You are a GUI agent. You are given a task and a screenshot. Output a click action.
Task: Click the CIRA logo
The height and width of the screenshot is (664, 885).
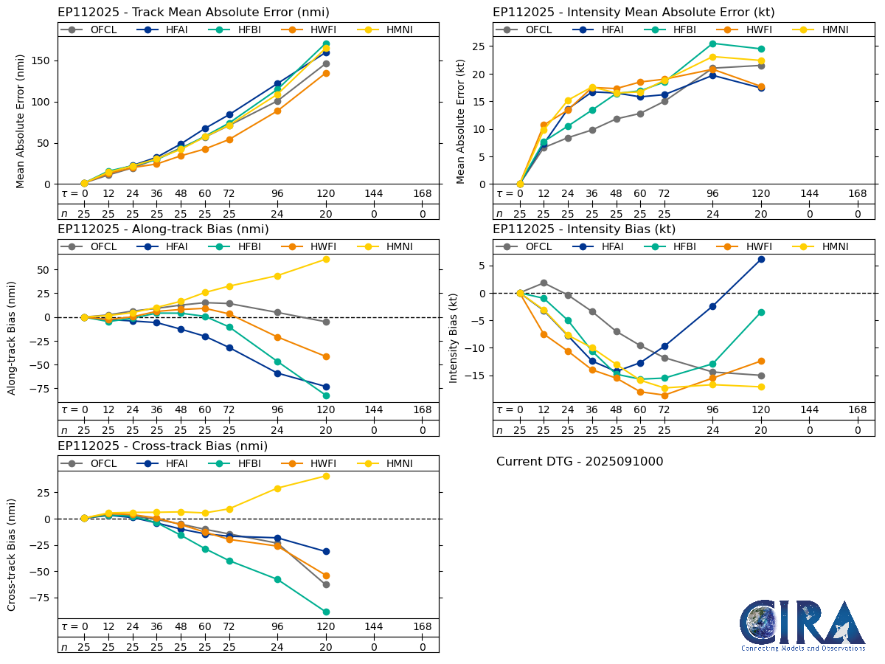click(x=802, y=625)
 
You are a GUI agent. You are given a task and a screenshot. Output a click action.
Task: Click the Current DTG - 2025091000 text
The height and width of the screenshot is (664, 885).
click(x=580, y=462)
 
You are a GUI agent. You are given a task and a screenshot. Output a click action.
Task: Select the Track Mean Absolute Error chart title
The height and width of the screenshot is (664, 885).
click(x=193, y=13)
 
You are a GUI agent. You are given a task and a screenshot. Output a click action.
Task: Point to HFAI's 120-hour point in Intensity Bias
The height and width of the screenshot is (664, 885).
click(x=761, y=259)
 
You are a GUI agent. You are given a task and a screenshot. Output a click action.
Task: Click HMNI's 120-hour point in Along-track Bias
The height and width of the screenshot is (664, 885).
click(x=326, y=259)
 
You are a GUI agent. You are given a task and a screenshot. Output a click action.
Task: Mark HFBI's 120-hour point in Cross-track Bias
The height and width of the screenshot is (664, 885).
click(x=326, y=612)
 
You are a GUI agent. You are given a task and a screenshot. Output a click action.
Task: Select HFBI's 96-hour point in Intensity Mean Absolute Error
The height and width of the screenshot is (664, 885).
click(x=712, y=44)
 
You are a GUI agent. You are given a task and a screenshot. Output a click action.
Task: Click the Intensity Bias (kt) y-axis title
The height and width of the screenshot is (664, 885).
click(x=453, y=337)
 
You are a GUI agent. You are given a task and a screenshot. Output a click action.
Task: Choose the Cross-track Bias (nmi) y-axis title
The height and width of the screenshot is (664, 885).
click(x=13, y=554)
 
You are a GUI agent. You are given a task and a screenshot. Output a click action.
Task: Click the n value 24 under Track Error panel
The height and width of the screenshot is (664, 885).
click(x=277, y=214)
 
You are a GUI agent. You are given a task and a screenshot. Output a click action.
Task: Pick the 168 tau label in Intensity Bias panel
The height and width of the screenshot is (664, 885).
click(x=857, y=410)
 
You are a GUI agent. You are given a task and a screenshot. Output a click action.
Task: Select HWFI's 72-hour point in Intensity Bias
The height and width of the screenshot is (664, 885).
click(x=664, y=395)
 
